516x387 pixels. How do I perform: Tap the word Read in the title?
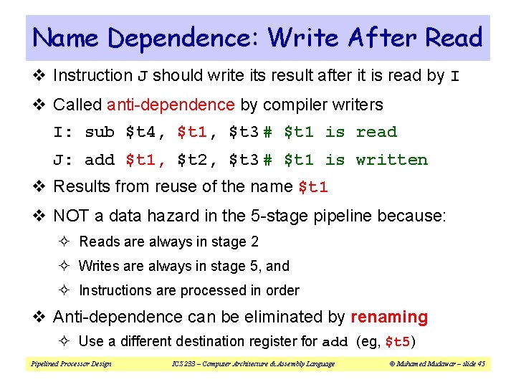pos(454,37)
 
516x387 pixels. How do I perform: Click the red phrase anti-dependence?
pos(171,105)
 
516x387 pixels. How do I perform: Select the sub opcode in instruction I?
pos(100,132)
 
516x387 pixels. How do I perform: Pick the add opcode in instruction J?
pos(100,160)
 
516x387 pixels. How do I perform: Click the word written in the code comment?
pos(391,160)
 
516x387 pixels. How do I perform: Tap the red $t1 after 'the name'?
pos(313,188)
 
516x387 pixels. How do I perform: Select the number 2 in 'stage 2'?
pos(254,242)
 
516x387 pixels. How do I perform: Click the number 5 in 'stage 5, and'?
pos(254,266)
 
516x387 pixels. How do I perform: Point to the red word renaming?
pos(389,317)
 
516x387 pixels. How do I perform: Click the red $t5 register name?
pos(397,342)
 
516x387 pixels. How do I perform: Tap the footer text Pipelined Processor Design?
pos(71,363)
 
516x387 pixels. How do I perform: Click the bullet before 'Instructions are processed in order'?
pos(68,291)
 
